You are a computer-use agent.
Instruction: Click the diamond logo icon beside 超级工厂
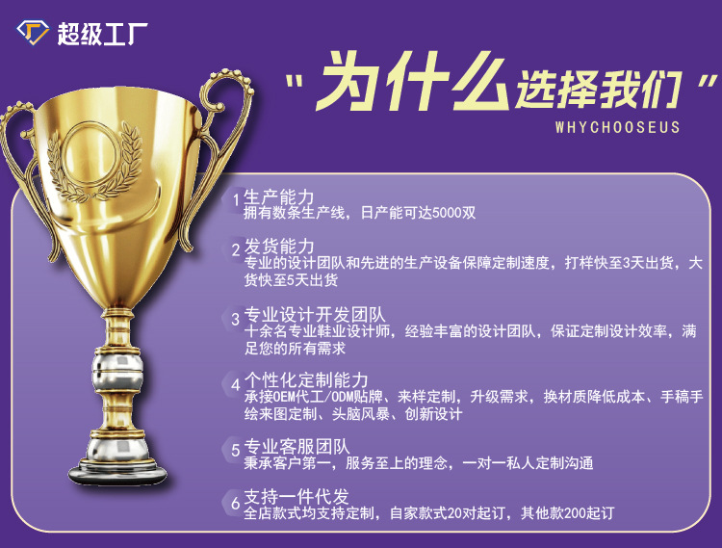(33, 33)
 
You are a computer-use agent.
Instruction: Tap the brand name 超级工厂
(102, 34)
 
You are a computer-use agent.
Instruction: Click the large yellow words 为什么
(412, 82)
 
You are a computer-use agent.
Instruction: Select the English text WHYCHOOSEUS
(617, 127)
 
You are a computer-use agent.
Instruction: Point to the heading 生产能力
(278, 197)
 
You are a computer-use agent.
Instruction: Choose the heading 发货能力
(278, 247)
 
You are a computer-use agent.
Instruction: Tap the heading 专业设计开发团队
(315, 315)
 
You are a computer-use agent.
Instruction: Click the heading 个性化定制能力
(306, 380)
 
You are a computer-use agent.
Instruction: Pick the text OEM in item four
(284, 397)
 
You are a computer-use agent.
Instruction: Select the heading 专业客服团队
(297, 447)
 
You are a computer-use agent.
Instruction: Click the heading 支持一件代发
(297, 497)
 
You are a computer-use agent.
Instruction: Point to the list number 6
(235, 504)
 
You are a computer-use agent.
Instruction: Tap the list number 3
(235, 319)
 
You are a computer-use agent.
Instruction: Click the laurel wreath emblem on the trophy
(94, 161)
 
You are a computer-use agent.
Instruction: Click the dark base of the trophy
(117, 474)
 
